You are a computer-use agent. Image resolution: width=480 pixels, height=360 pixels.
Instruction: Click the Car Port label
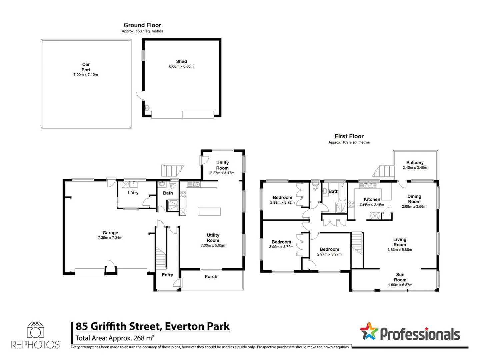[x=86, y=67]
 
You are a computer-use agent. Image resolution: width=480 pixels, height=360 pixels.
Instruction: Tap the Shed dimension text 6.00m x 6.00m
[x=181, y=67]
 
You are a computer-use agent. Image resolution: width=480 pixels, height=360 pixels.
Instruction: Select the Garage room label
[x=110, y=233]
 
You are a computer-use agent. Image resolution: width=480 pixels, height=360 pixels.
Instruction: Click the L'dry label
[x=133, y=193]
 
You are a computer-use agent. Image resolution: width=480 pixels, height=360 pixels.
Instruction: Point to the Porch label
[x=211, y=276]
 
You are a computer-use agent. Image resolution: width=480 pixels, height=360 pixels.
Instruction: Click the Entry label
[x=167, y=275]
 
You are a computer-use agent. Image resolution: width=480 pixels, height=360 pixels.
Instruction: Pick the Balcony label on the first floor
[x=415, y=163]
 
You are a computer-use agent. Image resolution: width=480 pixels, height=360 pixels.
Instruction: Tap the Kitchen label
[x=372, y=199]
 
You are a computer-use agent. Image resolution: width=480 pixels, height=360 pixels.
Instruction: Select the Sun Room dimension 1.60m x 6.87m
[x=400, y=285]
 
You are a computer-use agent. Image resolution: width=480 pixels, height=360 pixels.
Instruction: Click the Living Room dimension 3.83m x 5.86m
[x=400, y=250]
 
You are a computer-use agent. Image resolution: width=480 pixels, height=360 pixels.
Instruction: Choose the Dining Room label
[x=414, y=199]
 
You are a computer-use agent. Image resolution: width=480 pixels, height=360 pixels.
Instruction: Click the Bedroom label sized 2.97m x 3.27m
[x=329, y=249]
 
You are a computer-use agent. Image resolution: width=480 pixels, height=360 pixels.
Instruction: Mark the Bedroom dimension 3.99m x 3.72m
[x=281, y=247]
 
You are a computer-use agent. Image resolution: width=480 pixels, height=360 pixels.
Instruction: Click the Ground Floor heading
[x=142, y=25]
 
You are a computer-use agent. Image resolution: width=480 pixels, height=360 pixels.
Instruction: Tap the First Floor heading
[x=349, y=136]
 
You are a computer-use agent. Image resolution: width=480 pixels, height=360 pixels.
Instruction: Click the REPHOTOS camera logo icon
[x=35, y=330]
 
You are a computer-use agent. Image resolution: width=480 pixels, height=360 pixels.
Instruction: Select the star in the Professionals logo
[x=368, y=331]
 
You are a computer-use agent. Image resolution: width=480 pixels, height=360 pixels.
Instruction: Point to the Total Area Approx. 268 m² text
[x=115, y=338]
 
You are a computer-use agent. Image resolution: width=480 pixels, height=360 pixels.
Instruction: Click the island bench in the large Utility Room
[x=209, y=212]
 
